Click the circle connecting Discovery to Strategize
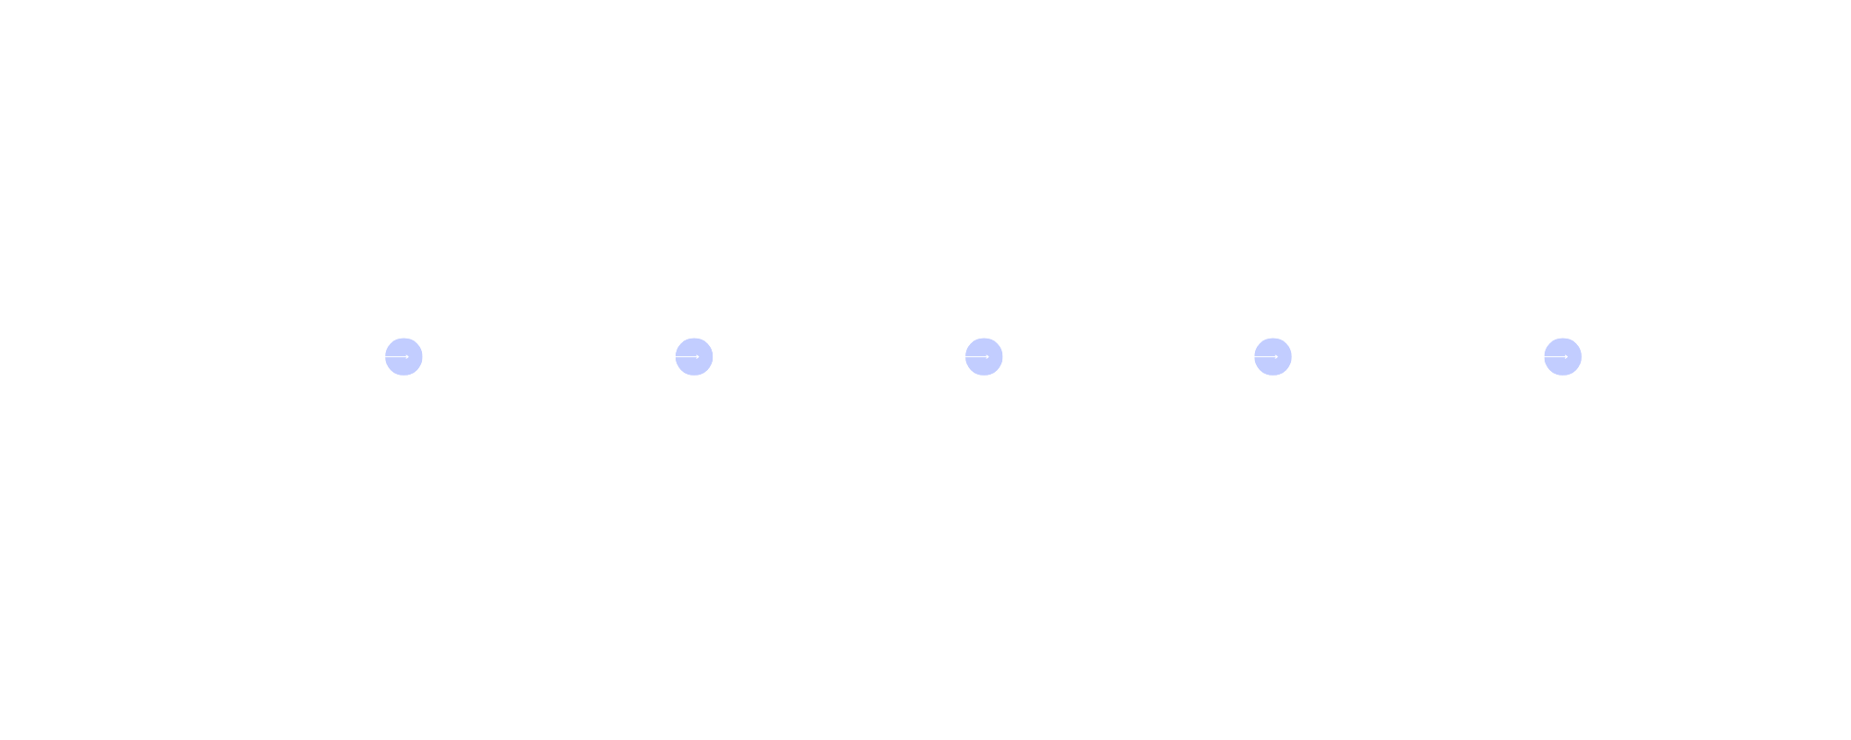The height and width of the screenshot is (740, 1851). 404,356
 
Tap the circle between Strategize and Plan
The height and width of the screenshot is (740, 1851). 693,356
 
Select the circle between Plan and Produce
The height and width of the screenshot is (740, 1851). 983,356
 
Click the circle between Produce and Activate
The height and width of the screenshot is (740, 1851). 1273,356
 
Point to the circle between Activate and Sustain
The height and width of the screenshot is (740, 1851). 1562,356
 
